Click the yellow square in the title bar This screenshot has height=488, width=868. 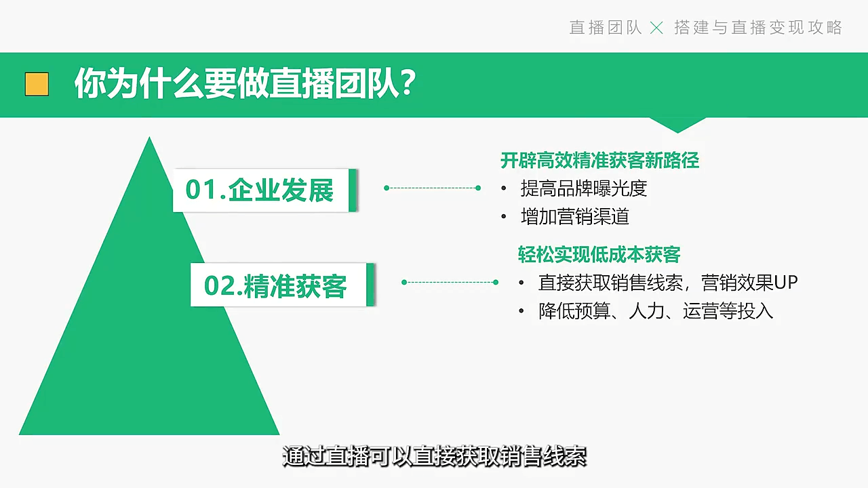coord(37,83)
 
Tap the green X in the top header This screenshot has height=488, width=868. coord(656,28)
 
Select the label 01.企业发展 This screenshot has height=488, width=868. coord(260,190)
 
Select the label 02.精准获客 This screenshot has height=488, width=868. coord(275,286)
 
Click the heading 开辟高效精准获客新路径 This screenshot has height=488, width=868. coord(600,161)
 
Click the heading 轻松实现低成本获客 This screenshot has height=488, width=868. coord(599,254)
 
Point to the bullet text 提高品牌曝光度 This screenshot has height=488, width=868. coord(584,188)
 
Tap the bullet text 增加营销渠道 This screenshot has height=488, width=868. coord(574,216)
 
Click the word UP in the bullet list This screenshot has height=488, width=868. coord(786,283)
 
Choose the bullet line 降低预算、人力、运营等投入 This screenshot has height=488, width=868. coord(656,311)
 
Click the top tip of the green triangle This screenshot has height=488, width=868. coord(150,137)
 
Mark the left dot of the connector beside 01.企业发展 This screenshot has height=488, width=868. coord(387,188)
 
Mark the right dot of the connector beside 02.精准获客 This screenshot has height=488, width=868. coord(496,283)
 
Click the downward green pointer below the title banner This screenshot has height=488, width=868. coord(677,125)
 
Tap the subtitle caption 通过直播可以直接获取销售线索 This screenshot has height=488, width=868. coord(435,456)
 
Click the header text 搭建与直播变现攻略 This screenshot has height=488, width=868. coord(758,28)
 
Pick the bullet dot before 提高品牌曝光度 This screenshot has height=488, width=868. coord(504,188)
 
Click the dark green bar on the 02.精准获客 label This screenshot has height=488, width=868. coord(370,285)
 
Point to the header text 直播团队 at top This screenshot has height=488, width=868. coord(606,28)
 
